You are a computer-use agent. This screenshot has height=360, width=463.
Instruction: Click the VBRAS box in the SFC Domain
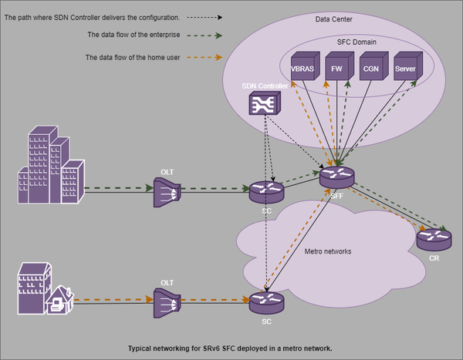302,68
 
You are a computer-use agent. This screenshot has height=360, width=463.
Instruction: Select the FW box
336,68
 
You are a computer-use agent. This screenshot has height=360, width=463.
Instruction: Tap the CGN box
371,68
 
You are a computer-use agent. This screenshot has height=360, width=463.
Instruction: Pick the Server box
405,68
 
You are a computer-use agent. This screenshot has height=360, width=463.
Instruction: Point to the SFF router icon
336,178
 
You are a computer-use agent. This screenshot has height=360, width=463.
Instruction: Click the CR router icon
434,239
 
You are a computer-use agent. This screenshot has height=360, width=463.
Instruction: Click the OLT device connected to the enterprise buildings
167,191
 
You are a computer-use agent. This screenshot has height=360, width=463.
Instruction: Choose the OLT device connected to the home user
167,300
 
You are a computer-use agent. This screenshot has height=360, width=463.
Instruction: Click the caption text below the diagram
230,348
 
